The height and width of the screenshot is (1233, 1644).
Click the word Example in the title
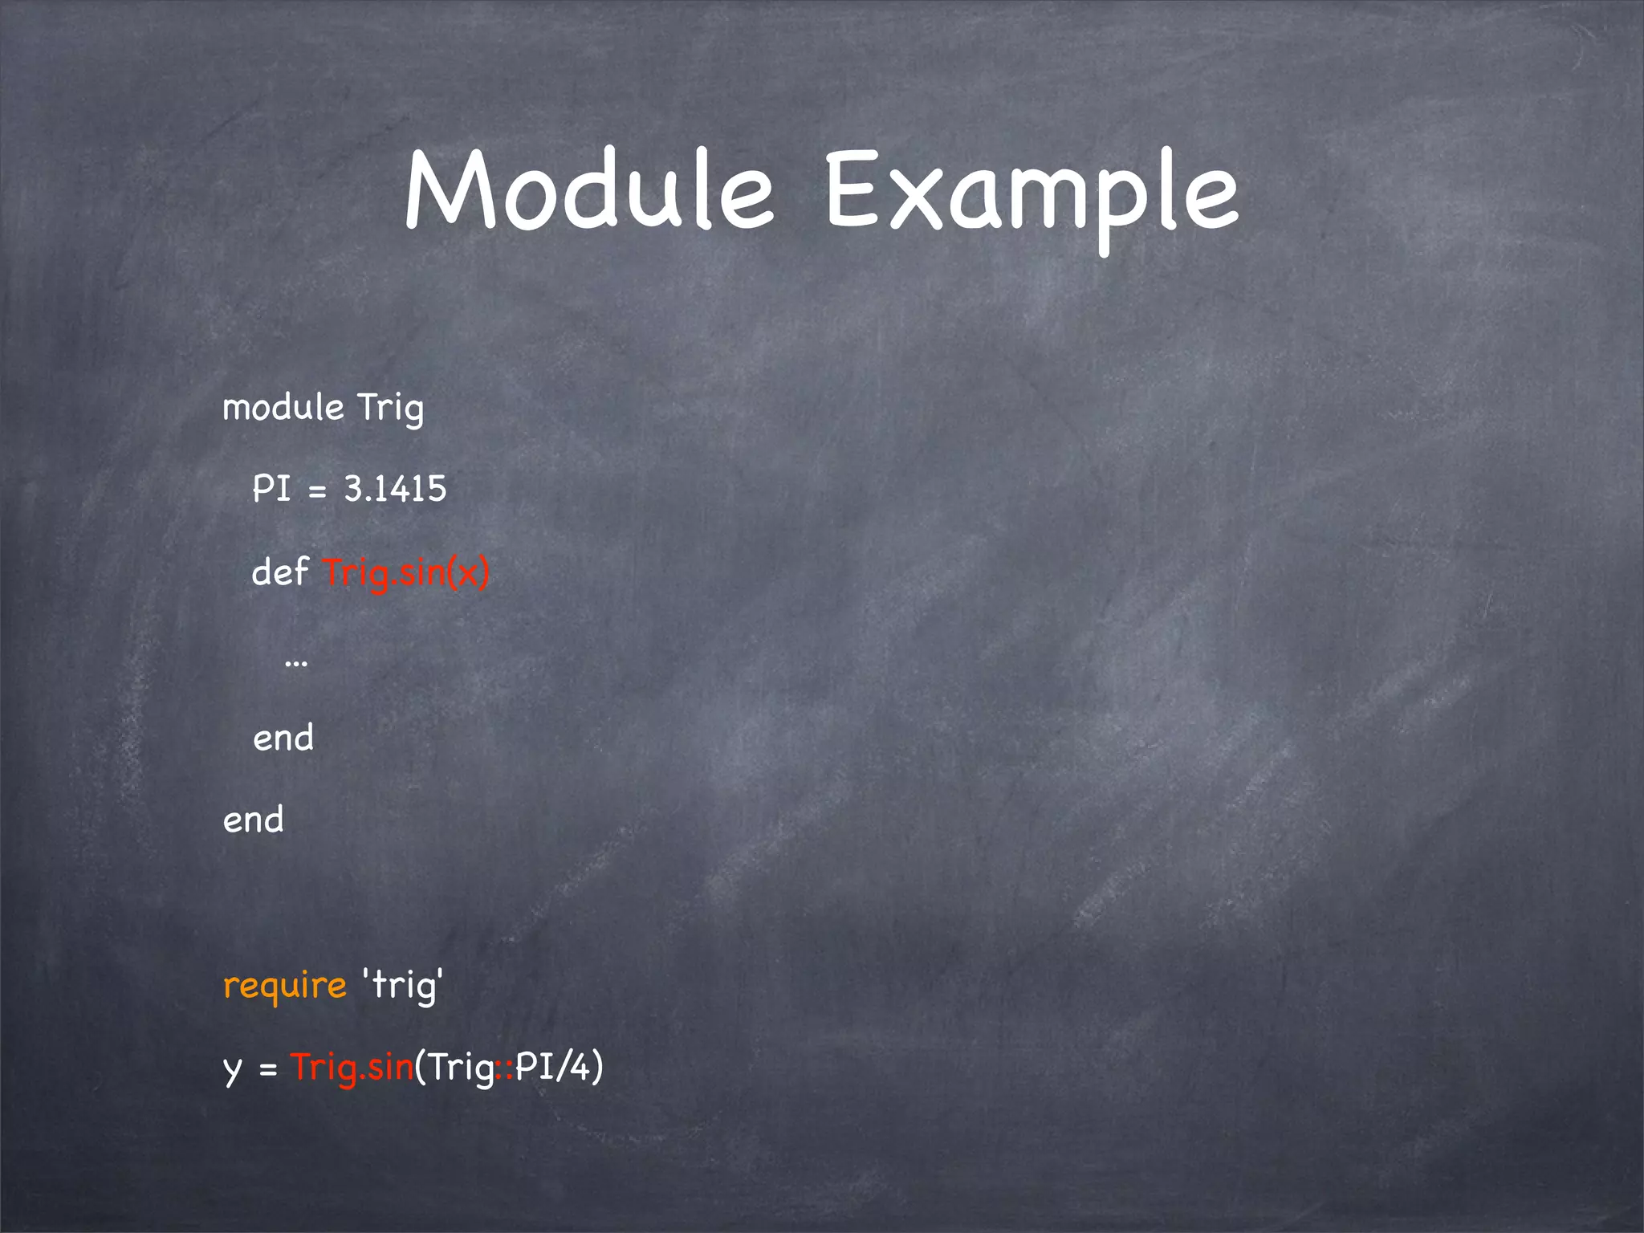[x=1032, y=193]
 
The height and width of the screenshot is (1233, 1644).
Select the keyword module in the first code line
[x=283, y=407]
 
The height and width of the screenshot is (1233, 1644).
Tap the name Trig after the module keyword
[x=390, y=407]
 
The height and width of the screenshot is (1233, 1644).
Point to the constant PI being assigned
[x=271, y=488]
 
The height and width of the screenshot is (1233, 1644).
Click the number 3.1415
[x=395, y=488]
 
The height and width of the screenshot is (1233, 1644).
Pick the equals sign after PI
[x=318, y=490]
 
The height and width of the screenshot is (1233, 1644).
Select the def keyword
[x=280, y=572]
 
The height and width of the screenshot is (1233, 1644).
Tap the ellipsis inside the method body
[x=296, y=663]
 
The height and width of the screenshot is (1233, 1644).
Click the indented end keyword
[x=283, y=738]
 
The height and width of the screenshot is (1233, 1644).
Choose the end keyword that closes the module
[x=253, y=820]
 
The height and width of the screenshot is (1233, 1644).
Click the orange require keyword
[x=284, y=986]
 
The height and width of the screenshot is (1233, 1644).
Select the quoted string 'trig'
[x=403, y=984]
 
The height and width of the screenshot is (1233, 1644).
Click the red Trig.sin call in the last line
[x=352, y=1067]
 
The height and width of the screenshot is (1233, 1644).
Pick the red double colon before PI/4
[x=504, y=1068]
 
